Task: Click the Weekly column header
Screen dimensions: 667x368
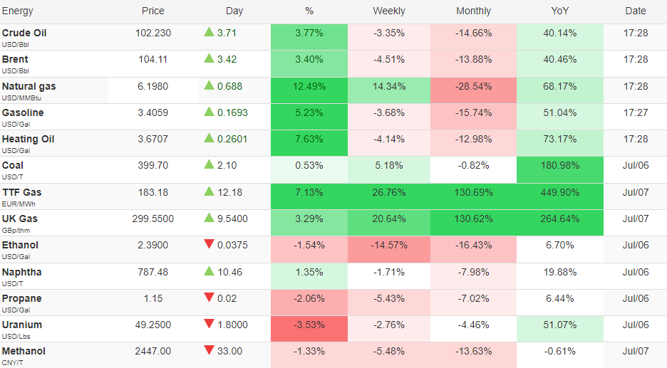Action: [x=389, y=11]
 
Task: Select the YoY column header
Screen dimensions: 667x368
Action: [x=560, y=11]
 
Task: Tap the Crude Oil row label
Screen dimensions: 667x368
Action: [x=24, y=33]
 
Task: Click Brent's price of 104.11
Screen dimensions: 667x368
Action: [x=153, y=60]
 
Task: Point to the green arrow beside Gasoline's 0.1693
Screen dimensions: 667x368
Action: [x=209, y=112]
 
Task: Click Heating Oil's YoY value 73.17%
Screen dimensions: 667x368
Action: [x=560, y=140]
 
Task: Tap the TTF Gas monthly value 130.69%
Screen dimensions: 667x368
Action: [x=473, y=192]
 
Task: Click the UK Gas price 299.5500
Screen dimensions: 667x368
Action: [x=153, y=219]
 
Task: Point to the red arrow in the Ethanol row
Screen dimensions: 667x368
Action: [x=209, y=244]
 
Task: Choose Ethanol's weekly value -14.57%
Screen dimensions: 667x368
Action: [x=389, y=245]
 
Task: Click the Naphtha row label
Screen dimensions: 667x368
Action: [x=21, y=273]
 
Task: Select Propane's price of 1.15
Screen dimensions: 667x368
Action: [x=153, y=299]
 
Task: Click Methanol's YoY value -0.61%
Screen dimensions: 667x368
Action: [x=560, y=352]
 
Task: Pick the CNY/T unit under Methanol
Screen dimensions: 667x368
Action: [x=12, y=363]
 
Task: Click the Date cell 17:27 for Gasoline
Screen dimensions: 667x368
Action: [x=636, y=113]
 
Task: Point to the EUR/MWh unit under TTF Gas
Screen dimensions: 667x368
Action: [x=19, y=204]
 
